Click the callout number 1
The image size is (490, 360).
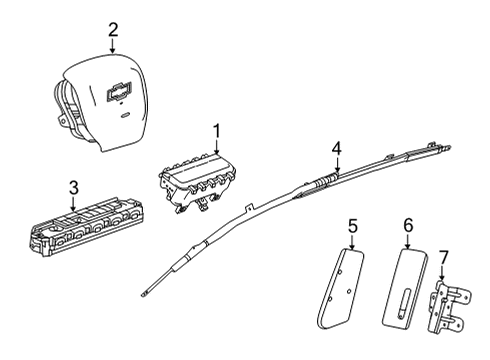[217, 131]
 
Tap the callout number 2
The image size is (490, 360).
[113, 30]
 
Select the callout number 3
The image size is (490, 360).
[74, 188]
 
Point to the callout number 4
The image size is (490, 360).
[337, 149]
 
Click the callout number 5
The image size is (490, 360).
[353, 226]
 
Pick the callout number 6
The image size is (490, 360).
[408, 226]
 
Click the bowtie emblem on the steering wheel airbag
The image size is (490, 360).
[119, 91]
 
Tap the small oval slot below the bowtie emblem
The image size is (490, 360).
[125, 115]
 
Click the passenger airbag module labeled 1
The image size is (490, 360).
[197, 181]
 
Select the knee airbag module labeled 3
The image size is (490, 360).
[85, 227]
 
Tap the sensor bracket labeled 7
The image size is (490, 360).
[449, 307]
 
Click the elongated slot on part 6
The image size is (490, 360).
[402, 301]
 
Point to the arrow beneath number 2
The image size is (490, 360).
[113, 46]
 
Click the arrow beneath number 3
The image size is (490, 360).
[73, 204]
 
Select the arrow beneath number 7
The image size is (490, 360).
[442, 273]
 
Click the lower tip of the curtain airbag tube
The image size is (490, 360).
[144, 294]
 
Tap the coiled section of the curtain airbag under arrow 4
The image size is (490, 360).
[326, 180]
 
